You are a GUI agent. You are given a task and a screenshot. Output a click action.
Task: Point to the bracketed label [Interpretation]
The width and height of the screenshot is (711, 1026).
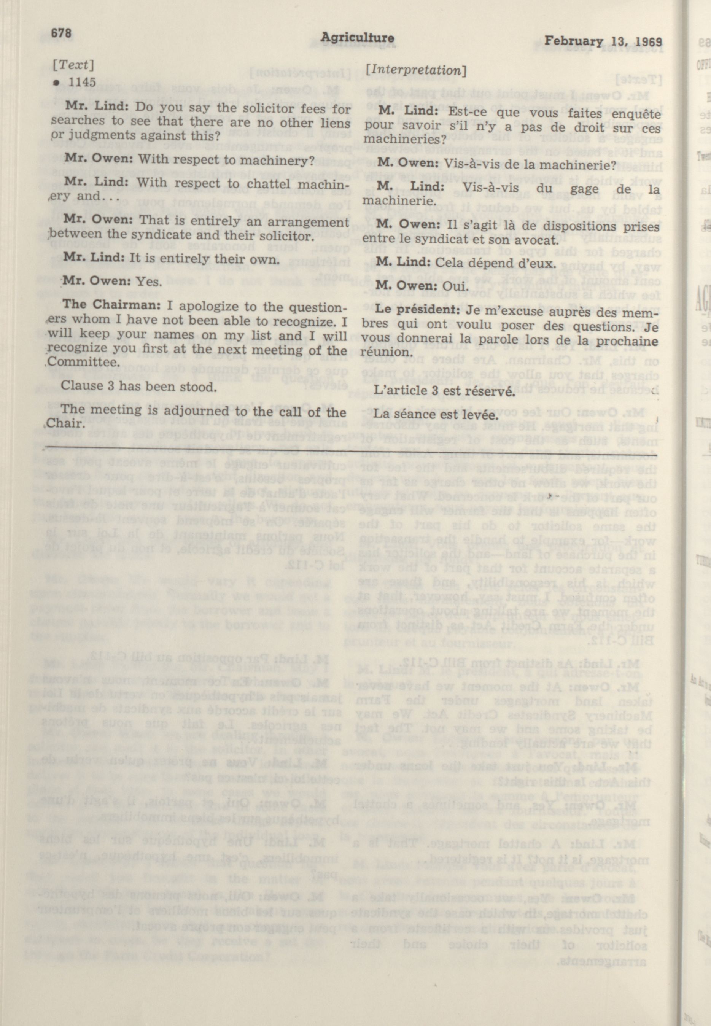click(416, 70)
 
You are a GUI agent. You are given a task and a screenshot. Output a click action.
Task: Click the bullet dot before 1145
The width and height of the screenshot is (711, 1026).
click(57, 83)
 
